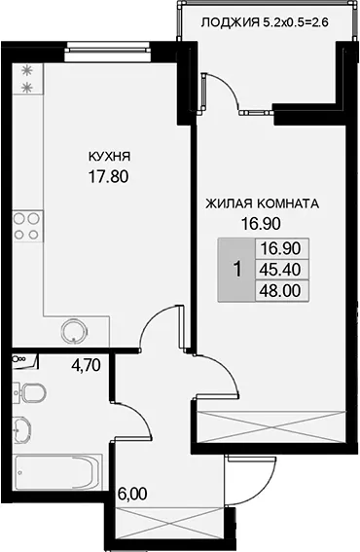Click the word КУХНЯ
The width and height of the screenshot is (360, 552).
pos(109,156)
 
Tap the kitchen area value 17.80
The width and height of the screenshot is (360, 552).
pos(108,177)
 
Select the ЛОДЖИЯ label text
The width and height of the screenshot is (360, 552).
pos(228,23)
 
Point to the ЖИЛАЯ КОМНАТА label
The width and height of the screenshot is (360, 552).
pos(262,203)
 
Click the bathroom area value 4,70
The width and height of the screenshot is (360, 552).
pos(86,365)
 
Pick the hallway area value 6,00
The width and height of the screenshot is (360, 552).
pos(132,494)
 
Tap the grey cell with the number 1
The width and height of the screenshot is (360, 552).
pos(236,270)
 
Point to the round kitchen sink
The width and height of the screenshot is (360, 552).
pos(73,331)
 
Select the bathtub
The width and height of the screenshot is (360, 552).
pos(57,472)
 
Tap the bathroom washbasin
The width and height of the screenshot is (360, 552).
pos(21,429)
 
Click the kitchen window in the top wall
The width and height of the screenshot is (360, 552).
pos(107,48)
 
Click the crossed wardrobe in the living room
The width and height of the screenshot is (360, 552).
pos(270,426)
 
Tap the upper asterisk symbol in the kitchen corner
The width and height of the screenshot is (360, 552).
pos(26,71)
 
